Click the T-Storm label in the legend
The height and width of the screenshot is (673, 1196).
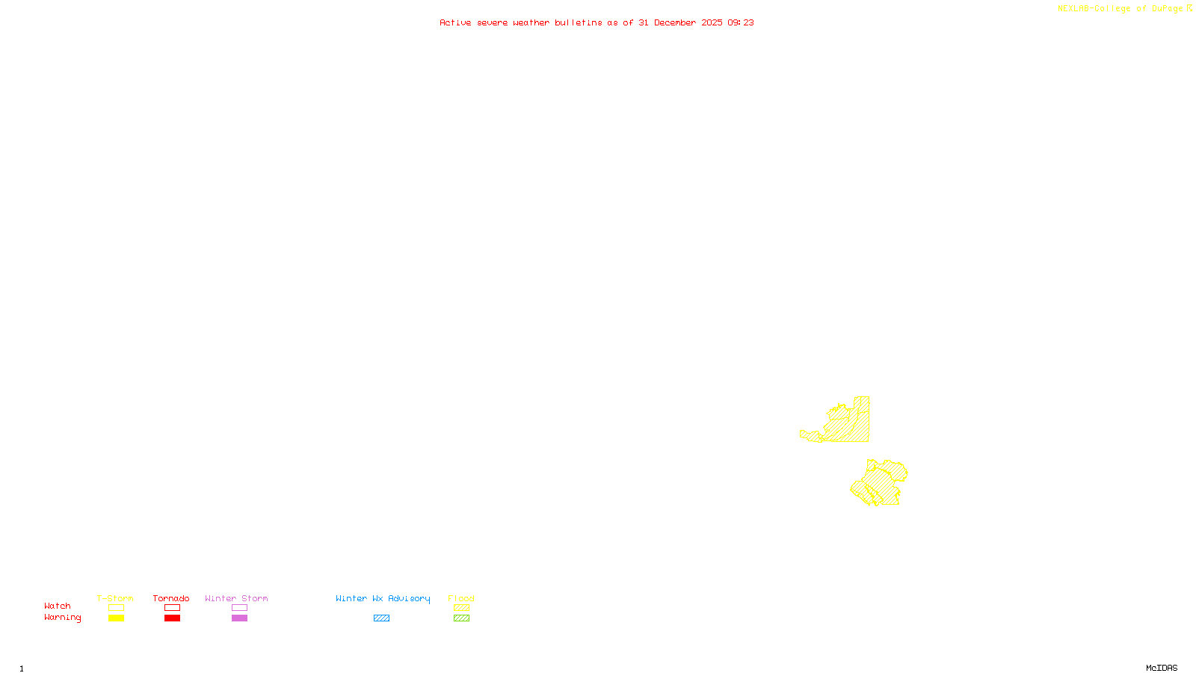[x=115, y=598]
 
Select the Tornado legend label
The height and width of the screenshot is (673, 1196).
[x=171, y=598]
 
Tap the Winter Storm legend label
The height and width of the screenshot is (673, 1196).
[x=236, y=598]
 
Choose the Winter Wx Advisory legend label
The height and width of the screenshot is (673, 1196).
[x=383, y=598]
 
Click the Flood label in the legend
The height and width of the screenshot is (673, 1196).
[x=461, y=598]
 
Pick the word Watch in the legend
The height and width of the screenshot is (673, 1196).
[x=58, y=606]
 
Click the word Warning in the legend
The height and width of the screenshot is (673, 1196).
[x=63, y=618]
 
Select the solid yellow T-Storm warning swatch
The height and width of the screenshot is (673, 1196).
[x=116, y=618]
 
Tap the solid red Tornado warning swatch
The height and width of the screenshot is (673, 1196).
[x=172, y=618]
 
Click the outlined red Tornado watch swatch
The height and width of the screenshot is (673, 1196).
[x=172, y=608]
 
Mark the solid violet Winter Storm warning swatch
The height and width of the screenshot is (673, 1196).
[x=239, y=618]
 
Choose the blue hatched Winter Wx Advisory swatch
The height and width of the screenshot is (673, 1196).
[x=381, y=618]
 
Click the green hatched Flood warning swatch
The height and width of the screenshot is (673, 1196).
[x=461, y=618]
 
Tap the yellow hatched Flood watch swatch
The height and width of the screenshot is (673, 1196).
[x=461, y=608]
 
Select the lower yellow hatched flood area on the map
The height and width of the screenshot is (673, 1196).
[x=881, y=483]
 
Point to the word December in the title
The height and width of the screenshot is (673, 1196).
[x=675, y=22]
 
